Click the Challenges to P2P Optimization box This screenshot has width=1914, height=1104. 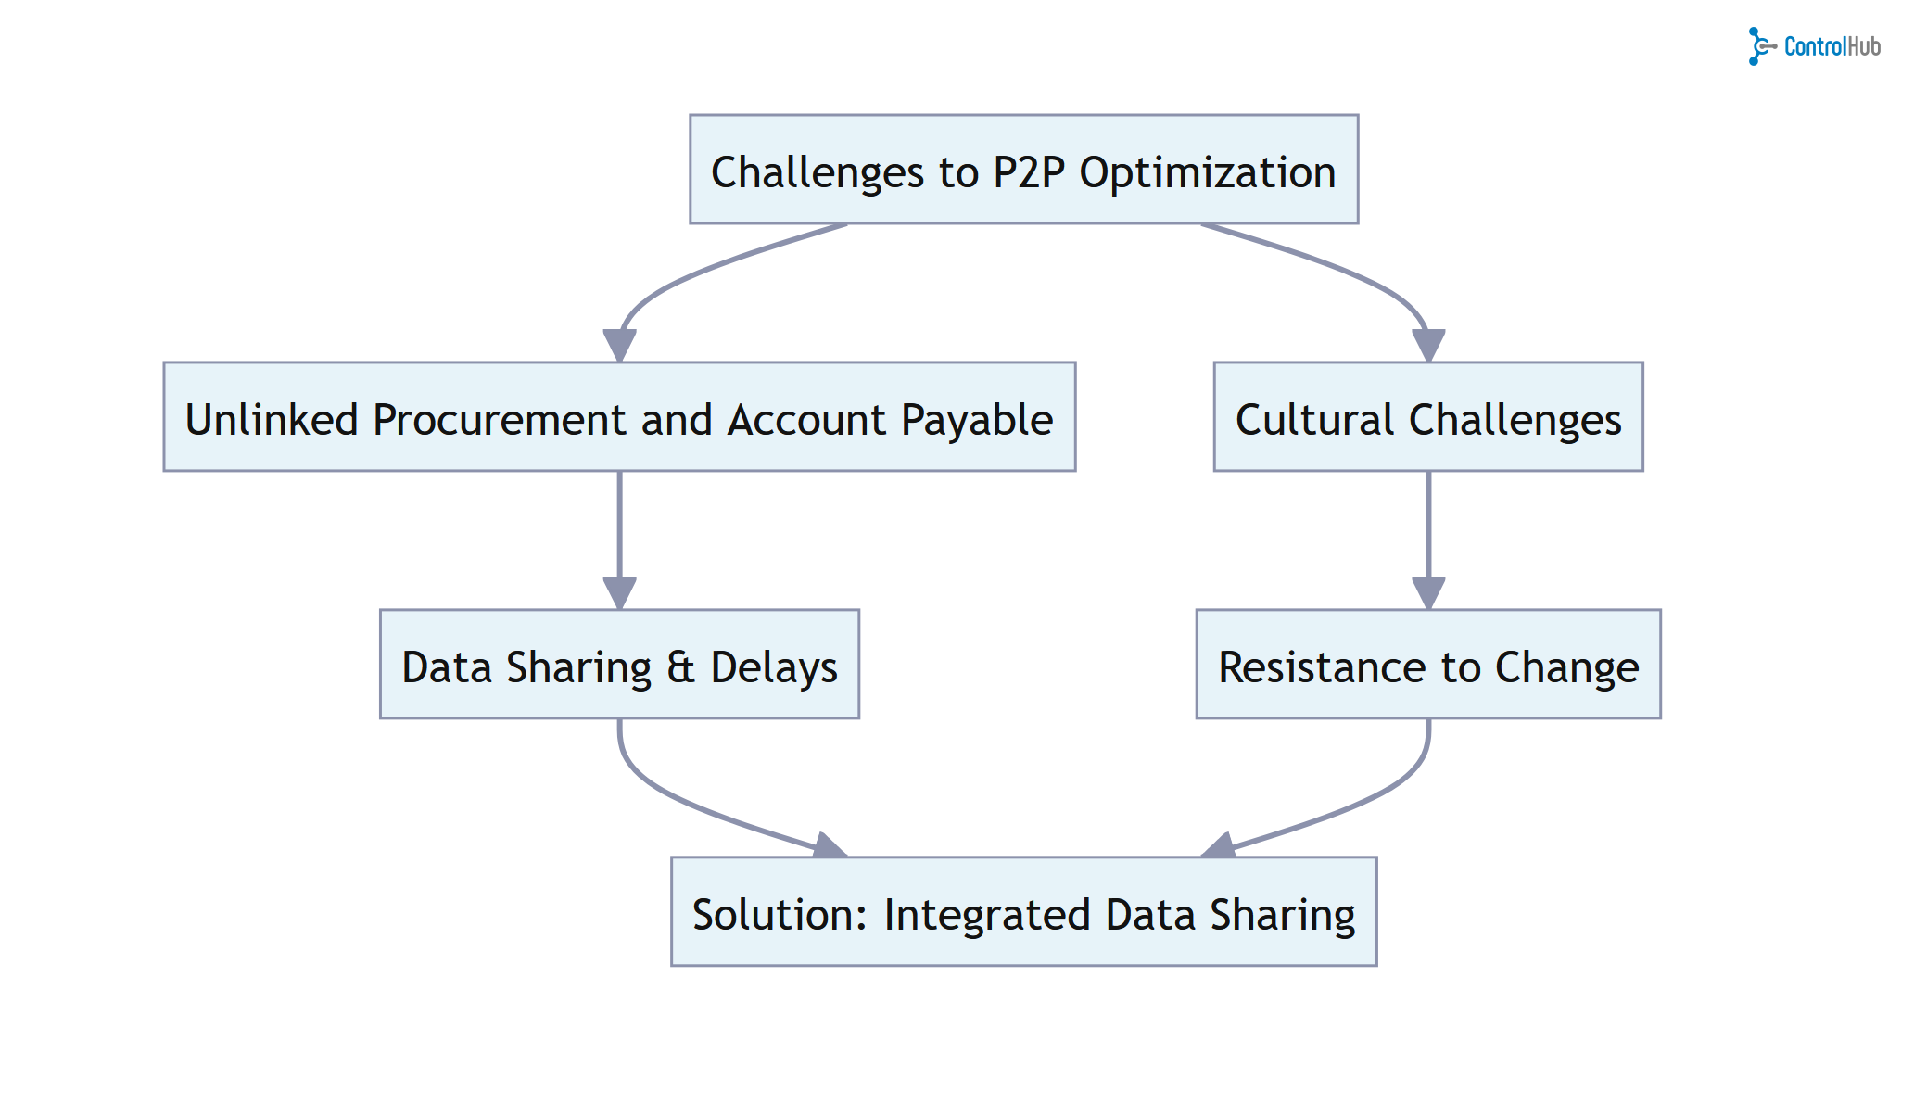(1023, 169)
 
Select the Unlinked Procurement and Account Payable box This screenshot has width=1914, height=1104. (619, 416)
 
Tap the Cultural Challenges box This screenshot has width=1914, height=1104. (1427, 416)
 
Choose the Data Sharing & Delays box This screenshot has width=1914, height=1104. (619, 664)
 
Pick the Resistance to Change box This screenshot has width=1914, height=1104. (1427, 664)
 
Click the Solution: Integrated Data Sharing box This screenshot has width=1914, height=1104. (1023, 911)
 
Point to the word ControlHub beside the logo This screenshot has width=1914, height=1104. (1832, 46)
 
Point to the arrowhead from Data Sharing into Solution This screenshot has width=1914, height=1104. (829, 845)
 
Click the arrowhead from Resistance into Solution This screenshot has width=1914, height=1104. (1218, 845)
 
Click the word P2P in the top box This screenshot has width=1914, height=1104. (1029, 172)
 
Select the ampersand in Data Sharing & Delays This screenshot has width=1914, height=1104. (680, 666)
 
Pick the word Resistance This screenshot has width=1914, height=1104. (1323, 667)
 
